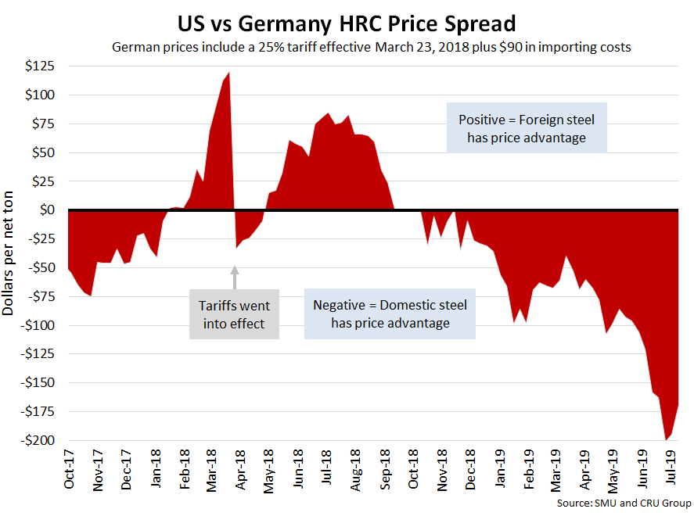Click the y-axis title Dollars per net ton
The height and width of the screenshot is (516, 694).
[x=9, y=252]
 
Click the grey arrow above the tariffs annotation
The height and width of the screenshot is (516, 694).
[x=234, y=277]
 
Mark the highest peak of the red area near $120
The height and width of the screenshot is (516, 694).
[x=228, y=73]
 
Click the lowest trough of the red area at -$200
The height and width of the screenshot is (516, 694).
[x=666, y=439]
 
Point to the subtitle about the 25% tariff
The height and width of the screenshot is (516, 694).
[x=372, y=47]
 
